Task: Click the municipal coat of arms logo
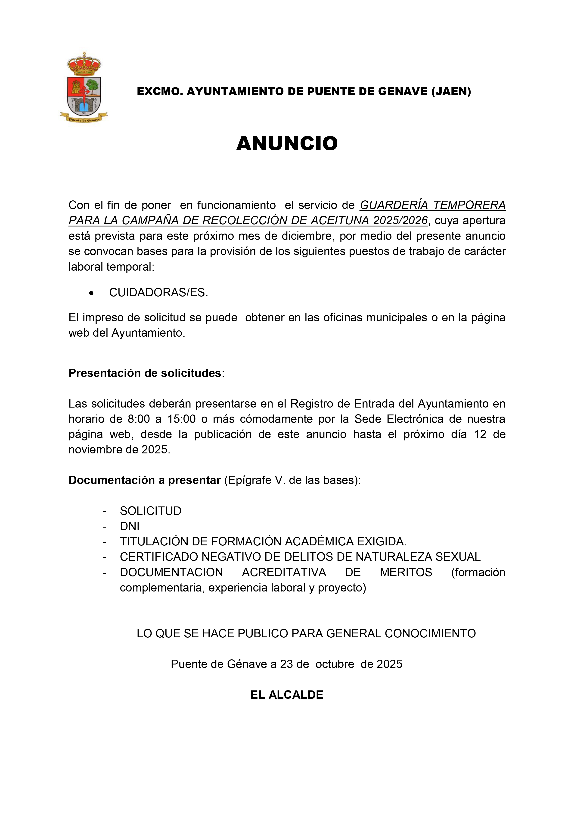pyautogui.click(x=84, y=88)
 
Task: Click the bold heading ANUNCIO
pyautogui.click(x=287, y=143)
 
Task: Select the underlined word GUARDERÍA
pyautogui.click(x=394, y=205)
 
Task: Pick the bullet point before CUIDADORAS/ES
pyautogui.click(x=92, y=293)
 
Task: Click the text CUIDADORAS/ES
pyautogui.click(x=158, y=292)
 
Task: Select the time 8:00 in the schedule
pyautogui.click(x=139, y=419)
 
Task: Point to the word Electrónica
pyautogui.click(x=415, y=419)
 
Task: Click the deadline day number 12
pyautogui.click(x=480, y=434)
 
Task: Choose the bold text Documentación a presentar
pyautogui.click(x=145, y=480)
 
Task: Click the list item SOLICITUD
pyautogui.click(x=151, y=511)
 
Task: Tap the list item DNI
pyautogui.click(x=130, y=526)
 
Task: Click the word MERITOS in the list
pyautogui.click(x=406, y=572)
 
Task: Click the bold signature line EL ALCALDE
pyautogui.click(x=287, y=695)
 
